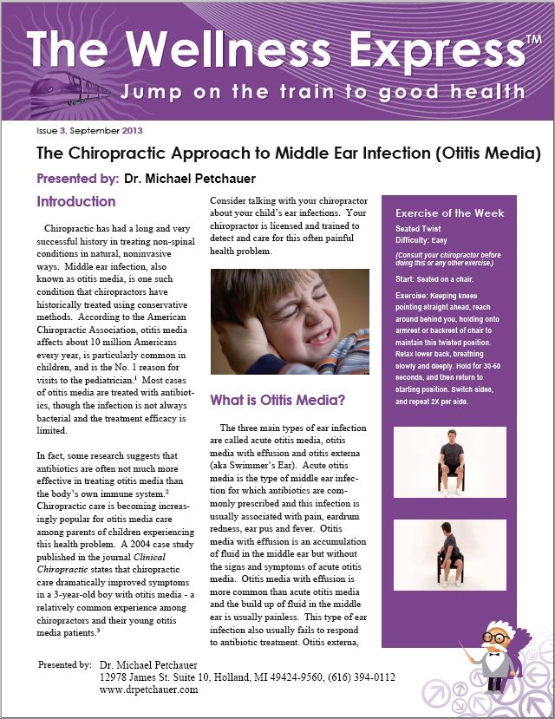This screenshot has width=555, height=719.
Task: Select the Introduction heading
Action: (x=76, y=202)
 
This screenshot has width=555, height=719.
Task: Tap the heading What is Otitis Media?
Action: (x=277, y=401)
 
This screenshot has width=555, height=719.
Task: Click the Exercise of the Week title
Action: (x=449, y=213)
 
